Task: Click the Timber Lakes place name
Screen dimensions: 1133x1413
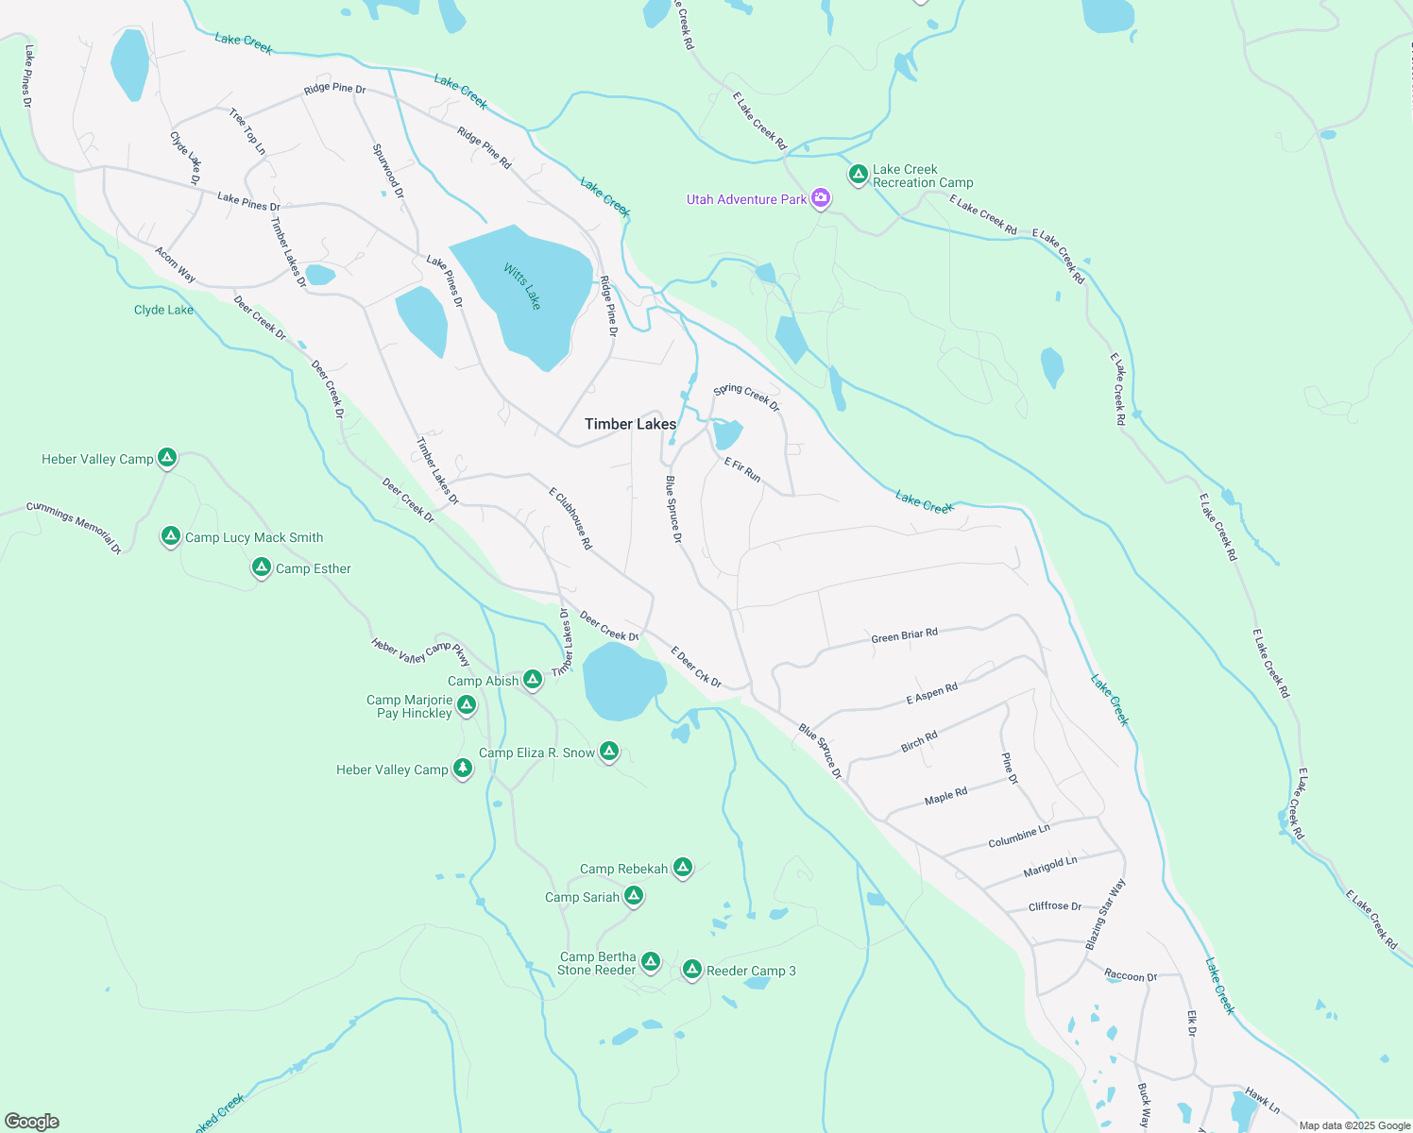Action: [x=630, y=424]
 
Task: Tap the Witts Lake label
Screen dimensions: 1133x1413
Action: [x=522, y=287]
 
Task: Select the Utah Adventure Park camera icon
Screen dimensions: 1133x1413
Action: [x=821, y=198]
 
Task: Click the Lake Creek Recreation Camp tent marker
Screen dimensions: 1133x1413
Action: [x=858, y=175]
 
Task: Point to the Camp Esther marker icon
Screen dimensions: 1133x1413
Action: [x=262, y=567]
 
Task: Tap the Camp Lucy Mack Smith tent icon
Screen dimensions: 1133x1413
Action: [x=170, y=536]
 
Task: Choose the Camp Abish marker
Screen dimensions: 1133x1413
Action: [x=533, y=680]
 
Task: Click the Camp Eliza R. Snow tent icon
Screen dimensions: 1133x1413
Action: [x=609, y=752]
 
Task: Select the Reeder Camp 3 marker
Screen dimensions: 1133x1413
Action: [x=691, y=970]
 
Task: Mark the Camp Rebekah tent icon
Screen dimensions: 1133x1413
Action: [x=683, y=868]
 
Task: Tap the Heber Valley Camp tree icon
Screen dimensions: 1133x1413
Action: [x=462, y=769]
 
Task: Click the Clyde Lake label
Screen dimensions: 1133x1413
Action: [x=163, y=310]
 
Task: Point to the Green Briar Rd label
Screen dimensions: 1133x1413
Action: [x=904, y=635]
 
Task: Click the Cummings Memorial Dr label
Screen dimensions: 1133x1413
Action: [x=74, y=527]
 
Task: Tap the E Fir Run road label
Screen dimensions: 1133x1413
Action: [x=742, y=469]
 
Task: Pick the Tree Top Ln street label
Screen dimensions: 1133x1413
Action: [x=247, y=132]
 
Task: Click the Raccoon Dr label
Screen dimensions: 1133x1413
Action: [x=1131, y=975]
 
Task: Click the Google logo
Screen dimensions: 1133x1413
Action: [x=32, y=1121]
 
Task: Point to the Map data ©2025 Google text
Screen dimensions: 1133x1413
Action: [x=1353, y=1125]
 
